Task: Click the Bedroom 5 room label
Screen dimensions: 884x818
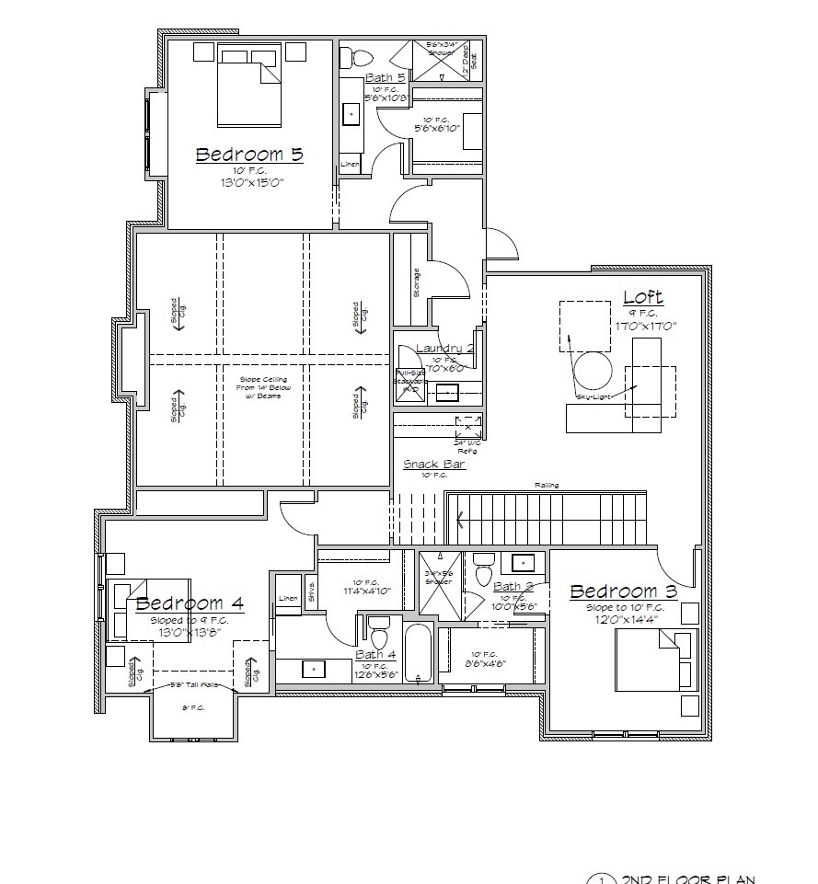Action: pyautogui.click(x=248, y=155)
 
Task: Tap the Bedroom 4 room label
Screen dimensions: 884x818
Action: pyautogui.click(x=190, y=603)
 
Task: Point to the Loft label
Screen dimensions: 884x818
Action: pyautogui.click(x=643, y=297)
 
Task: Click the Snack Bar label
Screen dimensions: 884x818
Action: pyautogui.click(x=434, y=465)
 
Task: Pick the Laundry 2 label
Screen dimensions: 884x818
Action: pyautogui.click(x=444, y=348)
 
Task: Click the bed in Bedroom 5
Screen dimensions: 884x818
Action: pyautogui.click(x=249, y=87)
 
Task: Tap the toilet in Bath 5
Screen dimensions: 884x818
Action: pyautogui.click(x=350, y=58)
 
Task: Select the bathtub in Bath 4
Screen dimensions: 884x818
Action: pyautogui.click(x=417, y=653)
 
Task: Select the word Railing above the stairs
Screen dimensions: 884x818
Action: pyautogui.click(x=547, y=486)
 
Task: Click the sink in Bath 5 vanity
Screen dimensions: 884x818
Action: pyautogui.click(x=351, y=114)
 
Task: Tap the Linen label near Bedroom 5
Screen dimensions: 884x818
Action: pyautogui.click(x=350, y=165)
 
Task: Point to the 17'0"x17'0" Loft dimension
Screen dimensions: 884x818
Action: pyautogui.click(x=646, y=325)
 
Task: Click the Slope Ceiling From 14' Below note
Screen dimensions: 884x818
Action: pyautogui.click(x=263, y=386)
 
